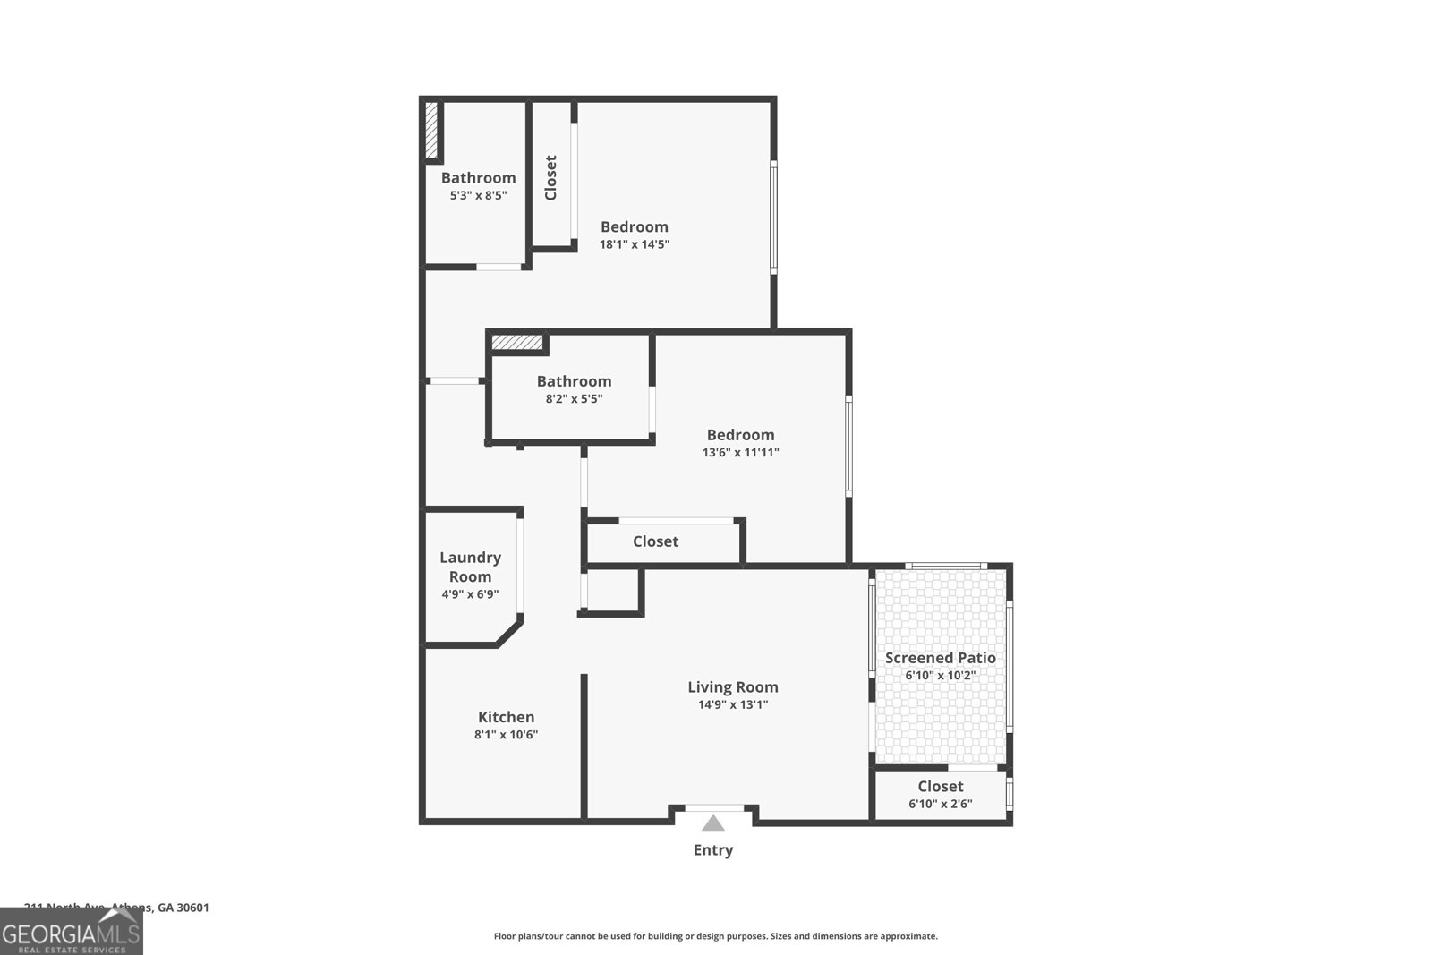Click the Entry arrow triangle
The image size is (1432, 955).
click(712, 824)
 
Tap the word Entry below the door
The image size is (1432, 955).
click(712, 850)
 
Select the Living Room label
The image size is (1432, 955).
click(732, 687)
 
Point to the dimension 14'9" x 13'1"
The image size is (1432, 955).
click(732, 704)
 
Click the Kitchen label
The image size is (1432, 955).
click(506, 717)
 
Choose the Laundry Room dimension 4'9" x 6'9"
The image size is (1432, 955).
click(470, 594)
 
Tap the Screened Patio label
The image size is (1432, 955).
click(940, 658)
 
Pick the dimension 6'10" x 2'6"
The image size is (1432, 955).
click(940, 804)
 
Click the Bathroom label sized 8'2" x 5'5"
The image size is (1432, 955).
click(574, 381)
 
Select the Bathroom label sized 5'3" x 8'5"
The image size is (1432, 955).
click(478, 178)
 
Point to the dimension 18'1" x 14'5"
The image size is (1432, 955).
click(634, 244)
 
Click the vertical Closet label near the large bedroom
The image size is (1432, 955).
click(550, 178)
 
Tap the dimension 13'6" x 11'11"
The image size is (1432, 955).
click(740, 453)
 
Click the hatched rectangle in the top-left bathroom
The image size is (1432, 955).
click(431, 132)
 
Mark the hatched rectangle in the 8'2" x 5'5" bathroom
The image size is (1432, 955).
click(517, 343)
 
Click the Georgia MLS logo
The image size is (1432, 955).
click(72, 932)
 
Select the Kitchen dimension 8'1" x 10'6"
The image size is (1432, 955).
click(506, 735)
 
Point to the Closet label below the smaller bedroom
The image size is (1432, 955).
click(655, 541)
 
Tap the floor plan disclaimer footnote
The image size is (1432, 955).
click(715, 936)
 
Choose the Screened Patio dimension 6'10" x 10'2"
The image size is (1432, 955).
click(940, 676)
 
